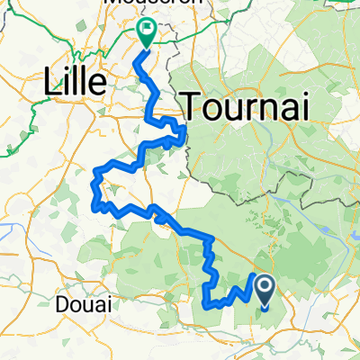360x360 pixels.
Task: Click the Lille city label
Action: click(75, 82)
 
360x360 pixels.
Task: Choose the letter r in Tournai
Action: click(247, 109)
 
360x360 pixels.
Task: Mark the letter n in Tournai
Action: click(265, 109)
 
